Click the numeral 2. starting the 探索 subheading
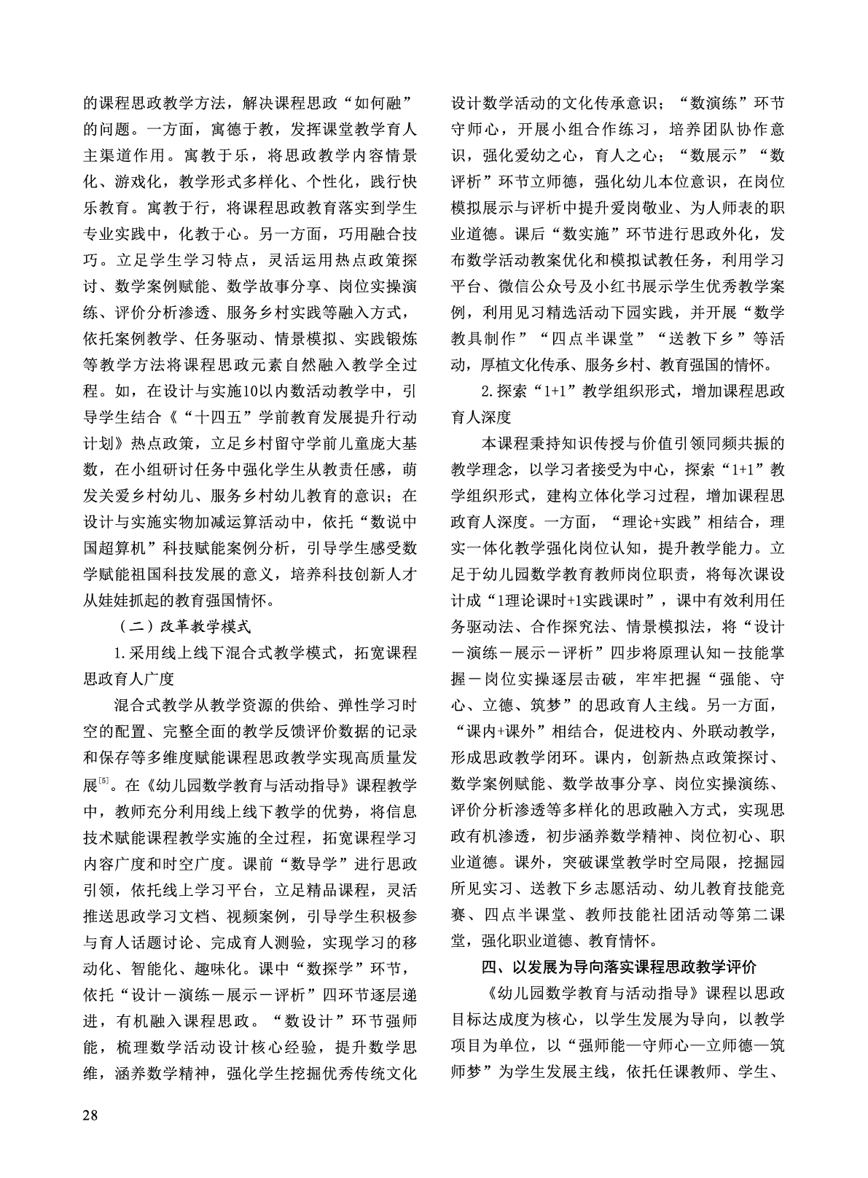point(488,391)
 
